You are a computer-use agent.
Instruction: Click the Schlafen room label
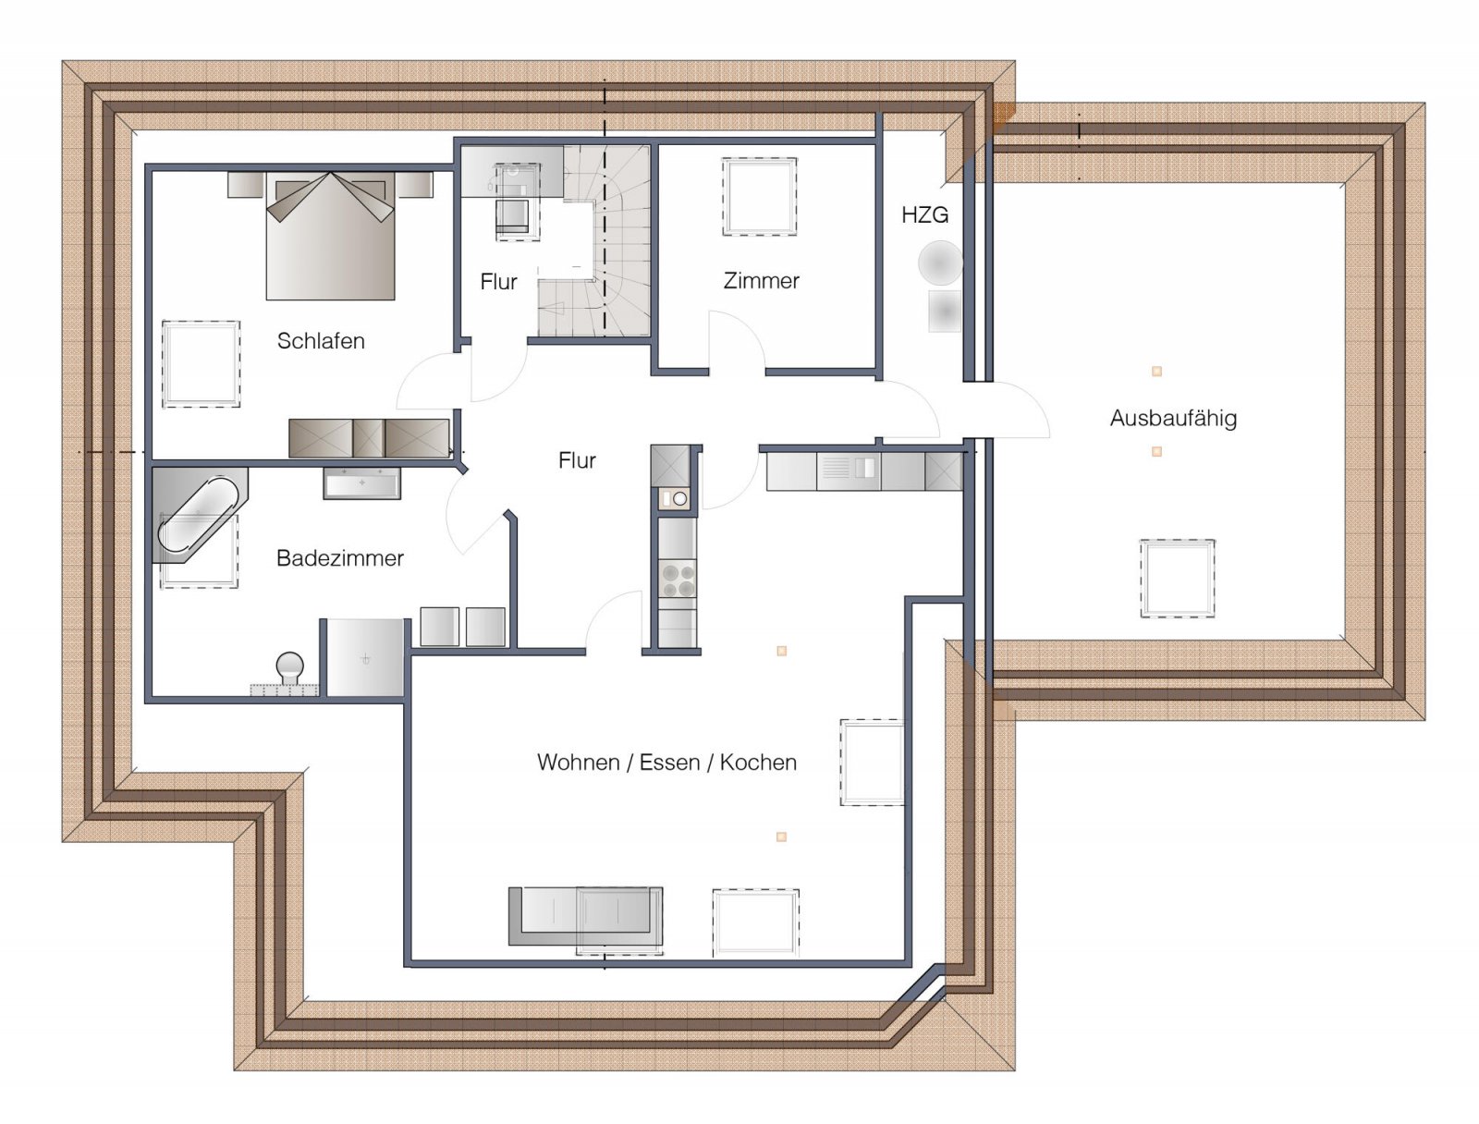pyautogui.click(x=321, y=341)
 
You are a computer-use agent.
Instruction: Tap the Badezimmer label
pyautogui.click(x=339, y=557)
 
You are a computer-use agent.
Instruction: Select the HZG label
pyautogui.click(x=924, y=214)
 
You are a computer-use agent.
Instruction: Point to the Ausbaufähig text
pyautogui.click(x=1173, y=418)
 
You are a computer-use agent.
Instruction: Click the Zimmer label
pyautogui.click(x=761, y=280)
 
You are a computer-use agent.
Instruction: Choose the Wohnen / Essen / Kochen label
pyautogui.click(x=666, y=762)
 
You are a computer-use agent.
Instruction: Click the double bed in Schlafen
pyautogui.click(x=330, y=236)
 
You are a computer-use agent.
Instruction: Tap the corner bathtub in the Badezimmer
pyautogui.click(x=200, y=515)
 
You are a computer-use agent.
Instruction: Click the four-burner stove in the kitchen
pyautogui.click(x=678, y=580)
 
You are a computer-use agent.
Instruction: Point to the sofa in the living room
pyautogui.click(x=585, y=916)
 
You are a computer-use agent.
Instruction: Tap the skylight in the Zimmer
pyautogui.click(x=760, y=197)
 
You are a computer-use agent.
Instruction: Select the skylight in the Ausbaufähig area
pyautogui.click(x=1177, y=578)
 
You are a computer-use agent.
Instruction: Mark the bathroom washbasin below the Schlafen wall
pyautogui.click(x=361, y=483)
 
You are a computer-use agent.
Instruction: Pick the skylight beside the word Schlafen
pyautogui.click(x=201, y=363)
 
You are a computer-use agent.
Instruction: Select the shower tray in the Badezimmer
pyautogui.click(x=364, y=657)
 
